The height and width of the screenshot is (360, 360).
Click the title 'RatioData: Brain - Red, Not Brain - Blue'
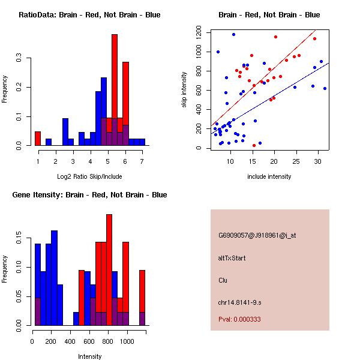coord(89,15)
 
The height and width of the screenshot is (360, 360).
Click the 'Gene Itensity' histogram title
coord(89,195)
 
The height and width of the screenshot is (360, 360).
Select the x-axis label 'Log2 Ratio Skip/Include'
coord(89,176)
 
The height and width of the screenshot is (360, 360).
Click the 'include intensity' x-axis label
coord(269,176)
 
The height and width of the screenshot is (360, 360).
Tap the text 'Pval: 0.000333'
coord(239,319)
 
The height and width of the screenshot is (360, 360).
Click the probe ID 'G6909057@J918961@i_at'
coord(257,235)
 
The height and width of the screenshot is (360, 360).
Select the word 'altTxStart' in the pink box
coord(232,258)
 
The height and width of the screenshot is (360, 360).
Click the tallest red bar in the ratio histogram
coord(114,90)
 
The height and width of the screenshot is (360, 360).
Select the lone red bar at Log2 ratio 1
coord(38,139)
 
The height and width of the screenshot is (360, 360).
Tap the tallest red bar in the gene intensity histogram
coord(109,270)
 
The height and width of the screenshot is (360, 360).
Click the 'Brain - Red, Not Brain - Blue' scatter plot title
coord(269,15)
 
